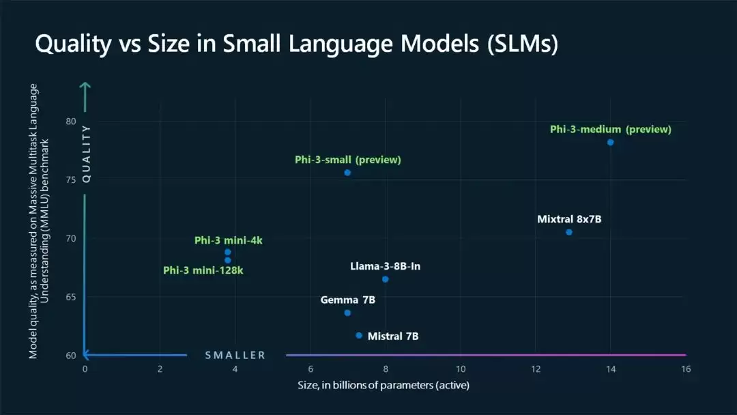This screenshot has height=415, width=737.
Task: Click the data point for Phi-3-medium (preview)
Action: [610, 143]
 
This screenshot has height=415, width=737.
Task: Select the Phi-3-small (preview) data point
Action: [347, 173]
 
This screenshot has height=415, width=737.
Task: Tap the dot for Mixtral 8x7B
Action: [568, 232]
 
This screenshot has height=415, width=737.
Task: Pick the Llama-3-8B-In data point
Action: [386, 279]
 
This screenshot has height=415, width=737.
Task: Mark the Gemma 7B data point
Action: [347, 313]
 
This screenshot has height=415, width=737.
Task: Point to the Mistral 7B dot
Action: [359, 336]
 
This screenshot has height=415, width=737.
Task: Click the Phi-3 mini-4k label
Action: [229, 241]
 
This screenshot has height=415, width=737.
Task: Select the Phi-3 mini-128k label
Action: [203, 270]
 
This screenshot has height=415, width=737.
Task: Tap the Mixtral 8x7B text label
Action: [569, 219]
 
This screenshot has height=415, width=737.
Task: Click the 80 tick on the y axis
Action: [70, 121]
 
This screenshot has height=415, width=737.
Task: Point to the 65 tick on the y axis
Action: [70, 297]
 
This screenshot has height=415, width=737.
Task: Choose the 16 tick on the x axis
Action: [686, 369]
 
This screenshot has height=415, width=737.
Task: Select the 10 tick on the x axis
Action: [461, 369]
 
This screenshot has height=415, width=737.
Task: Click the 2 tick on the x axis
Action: [160, 369]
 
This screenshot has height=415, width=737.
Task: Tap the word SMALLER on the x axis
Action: [235, 356]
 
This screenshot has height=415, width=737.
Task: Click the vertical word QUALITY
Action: [86, 154]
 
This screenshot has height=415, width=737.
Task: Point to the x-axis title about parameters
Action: [384, 386]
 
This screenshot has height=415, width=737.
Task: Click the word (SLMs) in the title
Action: [523, 44]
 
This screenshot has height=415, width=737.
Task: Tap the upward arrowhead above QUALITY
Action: [85, 86]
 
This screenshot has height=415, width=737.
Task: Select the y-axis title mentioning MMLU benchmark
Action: [38, 221]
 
